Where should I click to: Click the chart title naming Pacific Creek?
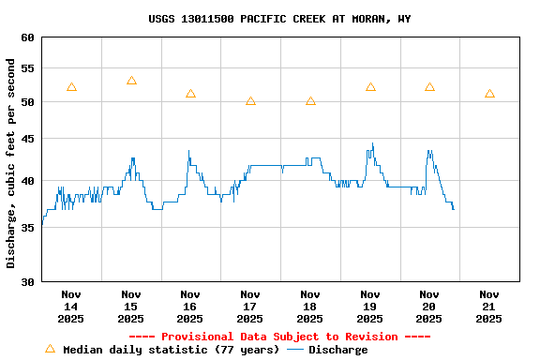[279, 19]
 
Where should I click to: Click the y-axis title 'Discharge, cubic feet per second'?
[11, 163]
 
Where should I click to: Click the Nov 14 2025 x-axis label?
[71, 307]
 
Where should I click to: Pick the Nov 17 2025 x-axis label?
[250, 307]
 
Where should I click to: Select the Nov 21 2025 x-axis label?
[488, 307]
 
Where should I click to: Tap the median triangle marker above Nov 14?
[71, 87]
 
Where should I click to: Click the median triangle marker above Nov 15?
[131, 81]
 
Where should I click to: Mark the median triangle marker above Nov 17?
[250, 100]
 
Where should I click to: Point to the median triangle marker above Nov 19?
[370, 87]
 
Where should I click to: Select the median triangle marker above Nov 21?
[489, 94]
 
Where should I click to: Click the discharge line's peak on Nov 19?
[372, 144]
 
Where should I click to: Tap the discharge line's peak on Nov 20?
[429, 151]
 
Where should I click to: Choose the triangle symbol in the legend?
[50, 349]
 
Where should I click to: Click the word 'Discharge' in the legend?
[337, 350]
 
